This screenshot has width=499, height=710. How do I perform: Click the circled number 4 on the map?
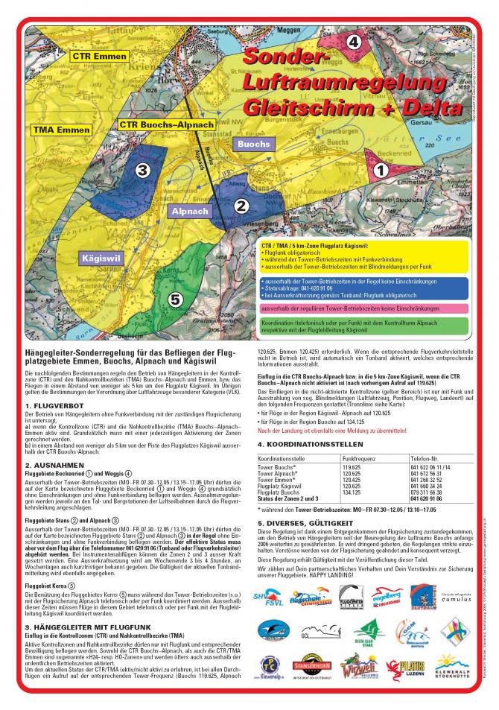[354, 42]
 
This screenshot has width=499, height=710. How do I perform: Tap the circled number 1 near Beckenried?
[380, 170]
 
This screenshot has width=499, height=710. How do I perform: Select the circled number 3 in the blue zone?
[143, 170]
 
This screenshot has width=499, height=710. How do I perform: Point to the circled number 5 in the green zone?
[175, 300]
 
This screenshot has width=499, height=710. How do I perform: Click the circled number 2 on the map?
[240, 207]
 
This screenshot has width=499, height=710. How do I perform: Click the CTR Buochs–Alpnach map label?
[166, 125]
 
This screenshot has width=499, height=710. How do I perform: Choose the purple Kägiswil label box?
[99, 259]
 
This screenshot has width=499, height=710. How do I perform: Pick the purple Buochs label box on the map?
[254, 142]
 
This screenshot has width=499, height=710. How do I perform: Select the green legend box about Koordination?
[363, 326]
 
